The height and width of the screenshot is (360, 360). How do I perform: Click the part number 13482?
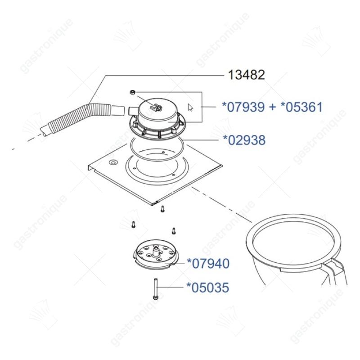(246, 75)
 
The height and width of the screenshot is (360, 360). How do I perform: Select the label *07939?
(243, 107)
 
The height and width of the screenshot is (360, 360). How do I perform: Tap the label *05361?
(301, 107)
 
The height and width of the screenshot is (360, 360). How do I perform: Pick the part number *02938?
(244, 140)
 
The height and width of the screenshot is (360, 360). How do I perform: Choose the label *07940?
(208, 263)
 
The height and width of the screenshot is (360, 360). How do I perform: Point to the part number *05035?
(208, 288)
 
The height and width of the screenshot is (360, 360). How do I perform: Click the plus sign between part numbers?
(273, 108)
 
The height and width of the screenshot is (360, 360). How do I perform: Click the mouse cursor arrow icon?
(190, 108)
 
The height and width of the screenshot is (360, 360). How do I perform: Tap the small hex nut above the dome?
(132, 92)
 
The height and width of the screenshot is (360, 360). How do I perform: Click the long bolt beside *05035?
(155, 288)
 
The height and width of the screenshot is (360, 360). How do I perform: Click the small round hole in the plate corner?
(113, 162)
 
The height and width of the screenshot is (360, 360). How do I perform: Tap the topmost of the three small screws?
(162, 209)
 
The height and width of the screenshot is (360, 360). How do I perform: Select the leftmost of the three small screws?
(133, 225)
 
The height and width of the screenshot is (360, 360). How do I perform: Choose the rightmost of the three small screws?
(174, 231)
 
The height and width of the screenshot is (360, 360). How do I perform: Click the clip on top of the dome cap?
(156, 107)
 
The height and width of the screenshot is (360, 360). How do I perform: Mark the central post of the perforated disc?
(156, 251)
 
